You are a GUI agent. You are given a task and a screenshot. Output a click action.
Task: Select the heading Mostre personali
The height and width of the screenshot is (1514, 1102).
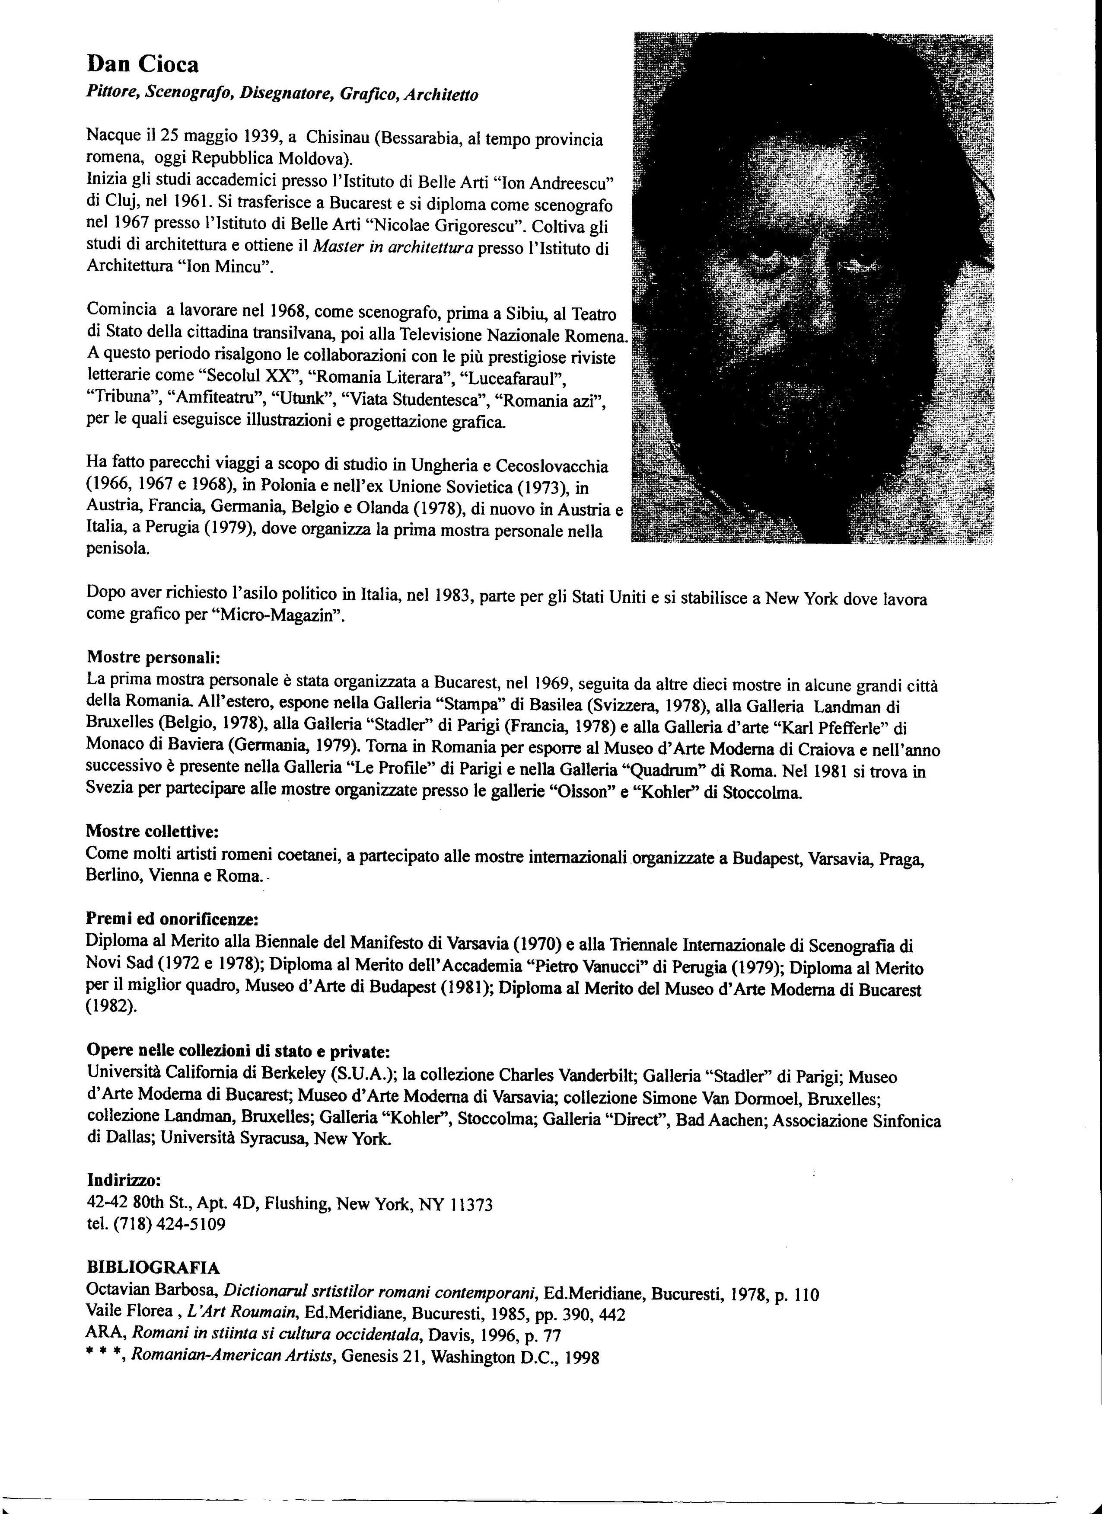tap(153, 657)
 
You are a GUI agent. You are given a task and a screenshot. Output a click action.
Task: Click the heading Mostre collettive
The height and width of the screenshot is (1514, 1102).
tap(153, 831)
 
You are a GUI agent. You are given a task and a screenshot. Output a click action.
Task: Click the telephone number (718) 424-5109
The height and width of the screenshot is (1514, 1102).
tap(170, 1224)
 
